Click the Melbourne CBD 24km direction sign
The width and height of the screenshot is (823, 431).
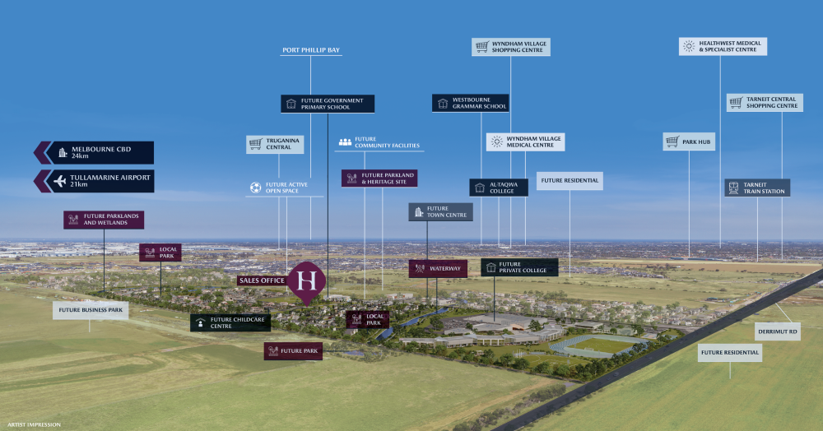click(x=99, y=152)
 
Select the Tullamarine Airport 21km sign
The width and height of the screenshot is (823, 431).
click(x=99, y=181)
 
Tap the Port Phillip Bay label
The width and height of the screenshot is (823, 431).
click(x=311, y=50)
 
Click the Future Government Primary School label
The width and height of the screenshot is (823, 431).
click(x=328, y=104)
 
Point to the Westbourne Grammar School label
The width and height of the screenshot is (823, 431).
click(x=471, y=103)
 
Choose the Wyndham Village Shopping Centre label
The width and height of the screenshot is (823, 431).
click(x=511, y=47)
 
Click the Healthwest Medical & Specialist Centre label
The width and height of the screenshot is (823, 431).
click(x=723, y=46)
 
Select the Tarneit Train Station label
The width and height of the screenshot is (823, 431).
click(x=757, y=188)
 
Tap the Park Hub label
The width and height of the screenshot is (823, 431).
click(x=689, y=141)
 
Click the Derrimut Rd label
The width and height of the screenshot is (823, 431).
click(x=777, y=332)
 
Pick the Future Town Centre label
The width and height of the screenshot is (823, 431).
click(x=440, y=212)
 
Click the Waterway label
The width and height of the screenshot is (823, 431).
click(x=438, y=268)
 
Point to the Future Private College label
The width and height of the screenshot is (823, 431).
click(x=519, y=267)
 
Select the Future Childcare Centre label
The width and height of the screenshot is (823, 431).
click(x=230, y=322)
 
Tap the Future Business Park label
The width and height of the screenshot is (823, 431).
click(x=91, y=310)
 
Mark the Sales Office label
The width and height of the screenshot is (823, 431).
click(x=262, y=280)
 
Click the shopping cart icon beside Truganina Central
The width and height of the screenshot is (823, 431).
click(x=256, y=144)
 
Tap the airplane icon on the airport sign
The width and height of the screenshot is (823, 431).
click(x=59, y=181)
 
